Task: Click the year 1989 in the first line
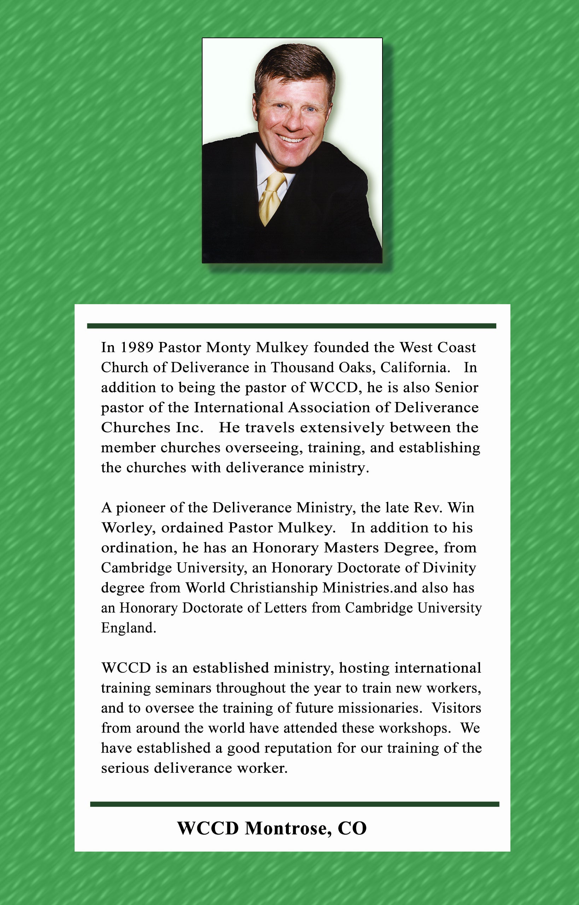click(x=136, y=347)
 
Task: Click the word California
click(x=415, y=367)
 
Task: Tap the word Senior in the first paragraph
click(x=456, y=387)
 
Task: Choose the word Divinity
click(x=449, y=568)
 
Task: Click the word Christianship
click(x=274, y=587)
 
